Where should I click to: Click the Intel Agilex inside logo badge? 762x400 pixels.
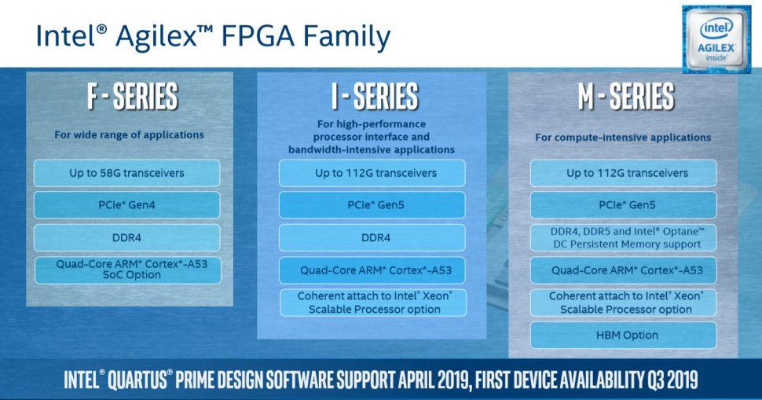(x=716, y=39)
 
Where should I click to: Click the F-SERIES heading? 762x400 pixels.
(x=133, y=96)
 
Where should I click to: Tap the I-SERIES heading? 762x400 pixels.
(x=375, y=96)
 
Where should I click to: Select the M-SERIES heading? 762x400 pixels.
(x=626, y=96)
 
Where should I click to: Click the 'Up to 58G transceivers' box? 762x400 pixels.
(x=126, y=173)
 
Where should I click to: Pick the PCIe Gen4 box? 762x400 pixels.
(x=126, y=205)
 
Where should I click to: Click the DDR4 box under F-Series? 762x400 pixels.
(x=126, y=237)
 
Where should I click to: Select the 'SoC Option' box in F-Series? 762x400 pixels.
(x=128, y=270)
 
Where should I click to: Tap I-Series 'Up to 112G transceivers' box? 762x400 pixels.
(x=372, y=173)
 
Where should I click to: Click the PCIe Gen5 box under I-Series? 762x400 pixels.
(x=372, y=205)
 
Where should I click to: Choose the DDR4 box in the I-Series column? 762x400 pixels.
(x=372, y=237)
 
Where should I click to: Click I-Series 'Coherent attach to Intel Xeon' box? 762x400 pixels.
(x=373, y=303)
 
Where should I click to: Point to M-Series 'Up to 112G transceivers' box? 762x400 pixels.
(x=624, y=173)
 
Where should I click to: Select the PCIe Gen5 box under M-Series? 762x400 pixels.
(x=624, y=205)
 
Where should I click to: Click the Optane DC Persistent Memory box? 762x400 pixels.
(x=624, y=237)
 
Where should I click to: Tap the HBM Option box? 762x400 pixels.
(x=624, y=336)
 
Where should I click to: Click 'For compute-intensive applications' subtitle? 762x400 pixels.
(x=623, y=138)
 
